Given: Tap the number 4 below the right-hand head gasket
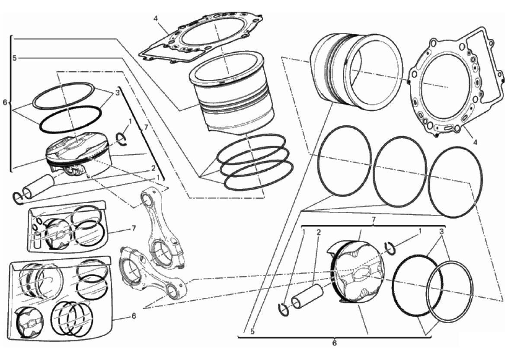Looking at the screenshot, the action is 475,142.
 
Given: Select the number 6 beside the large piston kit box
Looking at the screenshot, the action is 134,315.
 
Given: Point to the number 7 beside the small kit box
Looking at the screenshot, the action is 134,228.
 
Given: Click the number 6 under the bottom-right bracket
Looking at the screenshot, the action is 334,343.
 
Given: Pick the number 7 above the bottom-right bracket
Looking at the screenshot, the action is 374,220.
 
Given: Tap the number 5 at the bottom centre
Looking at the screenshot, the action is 252,331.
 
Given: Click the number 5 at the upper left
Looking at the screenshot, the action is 14,58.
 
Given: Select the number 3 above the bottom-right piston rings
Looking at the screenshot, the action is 441,232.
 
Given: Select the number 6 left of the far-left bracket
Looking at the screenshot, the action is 5,102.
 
